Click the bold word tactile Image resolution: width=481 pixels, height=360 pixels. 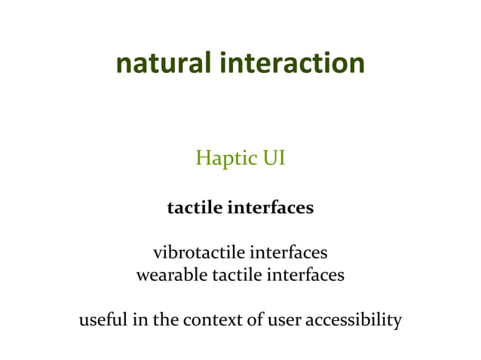pos(195,207)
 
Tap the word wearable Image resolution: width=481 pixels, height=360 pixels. pos(167,275)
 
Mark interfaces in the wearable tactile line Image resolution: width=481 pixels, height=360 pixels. pos(305,275)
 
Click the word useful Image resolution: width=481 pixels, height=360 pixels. pos(103,320)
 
